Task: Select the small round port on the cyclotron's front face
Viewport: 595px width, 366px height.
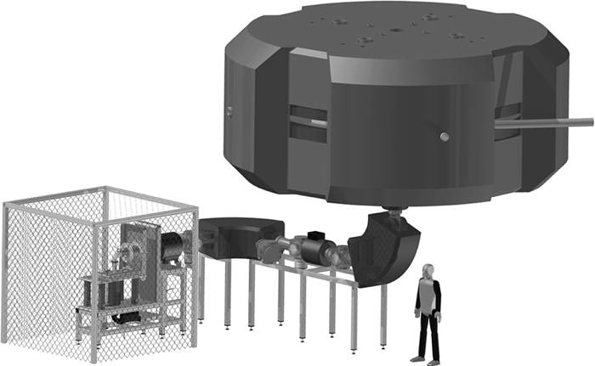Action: (x=443, y=137)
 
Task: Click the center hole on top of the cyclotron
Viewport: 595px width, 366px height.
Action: (x=396, y=30)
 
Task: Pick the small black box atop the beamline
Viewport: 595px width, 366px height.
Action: (x=317, y=234)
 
